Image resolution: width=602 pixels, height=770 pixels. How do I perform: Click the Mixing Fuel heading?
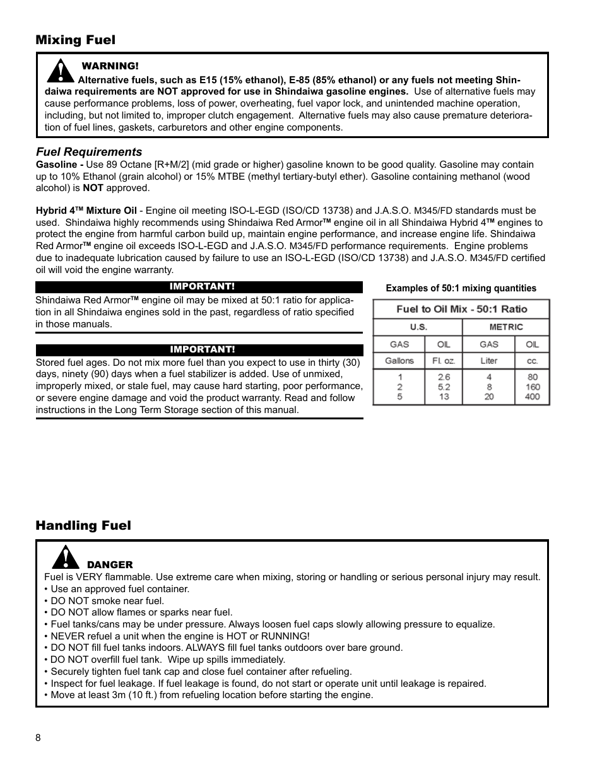pyautogui.click(x=76, y=40)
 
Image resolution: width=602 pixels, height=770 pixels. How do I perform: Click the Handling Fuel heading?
pyautogui.click(x=83, y=525)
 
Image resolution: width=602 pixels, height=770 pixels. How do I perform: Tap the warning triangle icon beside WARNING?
pyautogui.click(x=60, y=71)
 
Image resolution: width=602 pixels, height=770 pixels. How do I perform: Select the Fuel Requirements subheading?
pyautogui.click(x=89, y=152)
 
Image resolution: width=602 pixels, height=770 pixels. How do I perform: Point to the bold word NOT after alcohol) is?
pyautogui.click(x=93, y=188)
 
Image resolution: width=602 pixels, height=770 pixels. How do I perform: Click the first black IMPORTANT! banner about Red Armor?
pyautogui.click(x=199, y=287)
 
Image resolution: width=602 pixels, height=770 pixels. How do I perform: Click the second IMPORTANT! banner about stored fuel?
pyautogui.click(x=199, y=350)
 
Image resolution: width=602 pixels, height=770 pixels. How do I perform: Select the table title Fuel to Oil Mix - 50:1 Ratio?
pyautogui.click(x=461, y=309)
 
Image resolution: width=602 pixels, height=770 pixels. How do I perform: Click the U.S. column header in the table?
pyautogui.click(x=418, y=327)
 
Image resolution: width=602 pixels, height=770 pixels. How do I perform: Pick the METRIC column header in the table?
pyautogui.click(x=505, y=327)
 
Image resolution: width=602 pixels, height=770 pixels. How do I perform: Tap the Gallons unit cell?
pyautogui.click(x=399, y=361)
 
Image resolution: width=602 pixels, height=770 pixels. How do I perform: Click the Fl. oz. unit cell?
pyautogui.click(x=444, y=361)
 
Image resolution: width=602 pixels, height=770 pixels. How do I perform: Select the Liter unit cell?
pyautogui.click(x=488, y=361)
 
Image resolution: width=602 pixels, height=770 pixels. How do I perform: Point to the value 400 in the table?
pyautogui.click(x=532, y=397)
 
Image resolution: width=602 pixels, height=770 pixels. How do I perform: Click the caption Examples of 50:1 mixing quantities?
pyautogui.click(x=461, y=288)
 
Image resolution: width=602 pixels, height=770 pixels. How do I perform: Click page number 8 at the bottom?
pyautogui.click(x=38, y=738)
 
